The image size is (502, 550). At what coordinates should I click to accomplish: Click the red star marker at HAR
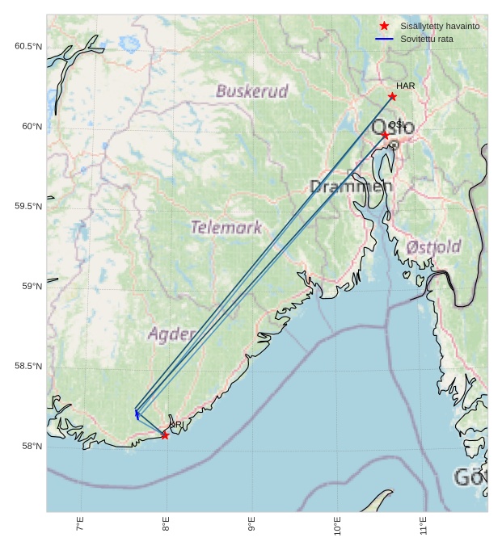pyautogui.click(x=392, y=97)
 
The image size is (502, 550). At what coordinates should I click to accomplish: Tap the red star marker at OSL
pyautogui.click(x=386, y=134)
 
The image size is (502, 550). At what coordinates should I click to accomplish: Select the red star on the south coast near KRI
pyautogui.click(x=165, y=435)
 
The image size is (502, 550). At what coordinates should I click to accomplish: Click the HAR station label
pyautogui.click(x=405, y=86)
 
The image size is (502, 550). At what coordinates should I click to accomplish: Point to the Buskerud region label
pyautogui.click(x=251, y=91)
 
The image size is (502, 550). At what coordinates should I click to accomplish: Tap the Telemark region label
pyautogui.click(x=226, y=228)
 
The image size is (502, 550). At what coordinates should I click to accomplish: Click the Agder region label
pyautogui.click(x=171, y=334)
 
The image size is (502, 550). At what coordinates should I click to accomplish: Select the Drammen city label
pyautogui.click(x=351, y=187)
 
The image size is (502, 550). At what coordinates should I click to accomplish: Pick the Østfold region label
pyautogui.click(x=434, y=246)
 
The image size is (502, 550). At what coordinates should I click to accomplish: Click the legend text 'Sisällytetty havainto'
pyautogui.click(x=440, y=26)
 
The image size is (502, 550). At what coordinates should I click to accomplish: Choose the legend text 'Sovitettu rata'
pyautogui.click(x=427, y=39)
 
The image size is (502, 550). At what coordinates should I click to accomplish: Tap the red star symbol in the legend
pyautogui.click(x=384, y=26)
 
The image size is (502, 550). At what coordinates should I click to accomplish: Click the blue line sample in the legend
pyautogui.click(x=384, y=39)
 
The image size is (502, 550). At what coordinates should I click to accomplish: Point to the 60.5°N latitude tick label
pyautogui.click(x=27, y=47)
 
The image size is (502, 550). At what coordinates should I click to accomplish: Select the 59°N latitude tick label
pyautogui.click(x=30, y=287)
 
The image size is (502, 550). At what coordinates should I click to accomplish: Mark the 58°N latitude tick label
pyautogui.click(x=30, y=447)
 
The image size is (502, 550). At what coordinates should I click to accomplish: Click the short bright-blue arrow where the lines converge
pyautogui.click(x=137, y=414)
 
